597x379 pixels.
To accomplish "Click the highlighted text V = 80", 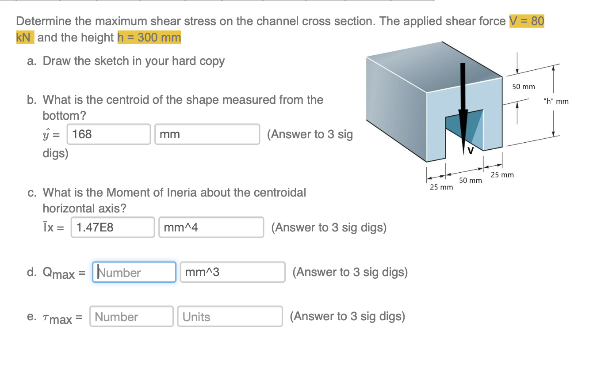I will click(x=526, y=21).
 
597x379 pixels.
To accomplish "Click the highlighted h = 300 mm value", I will click(x=149, y=38).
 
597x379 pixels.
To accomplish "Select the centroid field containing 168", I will click(x=108, y=134).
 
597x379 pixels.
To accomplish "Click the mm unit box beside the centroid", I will click(x=207, y=134).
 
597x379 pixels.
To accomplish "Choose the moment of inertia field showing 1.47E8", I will click(x=112, y=227).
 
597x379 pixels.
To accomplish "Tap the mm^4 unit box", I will click(x=211, y=227).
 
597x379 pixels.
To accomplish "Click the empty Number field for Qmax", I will click(x=134, y=272).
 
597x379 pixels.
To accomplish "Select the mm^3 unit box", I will click(x=233, y=272).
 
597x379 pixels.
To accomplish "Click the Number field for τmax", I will click(x=131, y=317).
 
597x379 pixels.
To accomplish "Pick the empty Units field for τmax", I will click(x=230, y=317).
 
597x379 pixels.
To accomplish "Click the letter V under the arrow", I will click(x=470, y=151).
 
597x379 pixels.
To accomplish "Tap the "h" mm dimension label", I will click(x=556, y=102).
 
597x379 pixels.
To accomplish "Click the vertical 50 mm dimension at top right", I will click(x=524, y=87).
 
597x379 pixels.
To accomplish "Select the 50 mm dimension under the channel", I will click(x=470, y=180).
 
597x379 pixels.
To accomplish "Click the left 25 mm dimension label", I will click(x=441, y=188).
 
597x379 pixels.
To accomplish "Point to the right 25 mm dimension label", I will click(x=502, y=174).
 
